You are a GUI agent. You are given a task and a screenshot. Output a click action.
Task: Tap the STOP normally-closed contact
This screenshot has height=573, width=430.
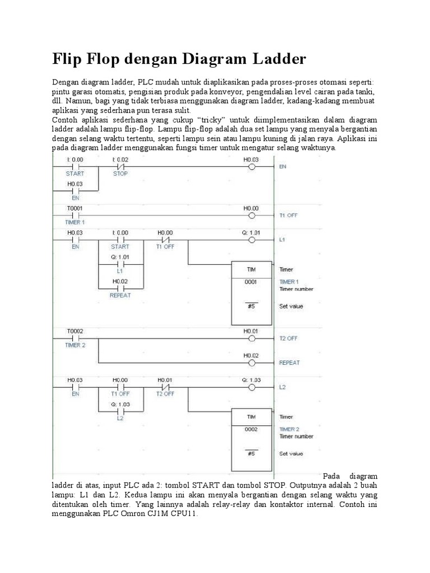point(120,167)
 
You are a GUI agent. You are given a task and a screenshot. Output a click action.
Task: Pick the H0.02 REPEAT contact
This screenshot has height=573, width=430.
point(120,288)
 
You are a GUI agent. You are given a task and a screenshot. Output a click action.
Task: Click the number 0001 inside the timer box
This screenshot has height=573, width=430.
point(251,282)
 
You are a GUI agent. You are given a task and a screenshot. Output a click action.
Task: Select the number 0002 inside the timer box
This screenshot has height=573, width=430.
point(251,429)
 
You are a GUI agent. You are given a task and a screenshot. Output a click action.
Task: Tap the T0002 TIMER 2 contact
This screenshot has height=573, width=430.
point(74,339)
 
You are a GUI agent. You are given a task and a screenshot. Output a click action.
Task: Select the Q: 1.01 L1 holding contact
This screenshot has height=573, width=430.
point(120,264)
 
